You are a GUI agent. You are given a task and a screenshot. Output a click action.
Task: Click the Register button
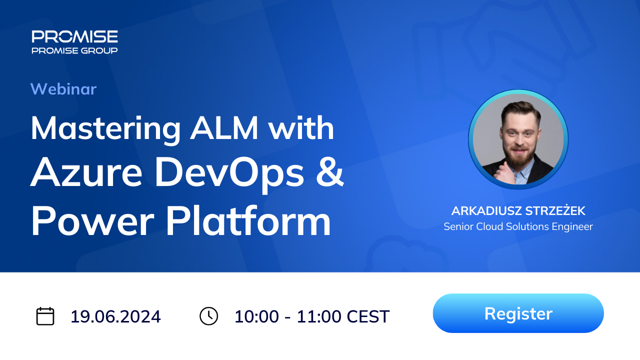pos(518,313)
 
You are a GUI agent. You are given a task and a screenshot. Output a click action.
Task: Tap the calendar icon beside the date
pos(45,316)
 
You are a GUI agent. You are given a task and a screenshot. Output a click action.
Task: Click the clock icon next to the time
pos(208,316)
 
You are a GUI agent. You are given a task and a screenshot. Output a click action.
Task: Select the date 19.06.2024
pos(115,316)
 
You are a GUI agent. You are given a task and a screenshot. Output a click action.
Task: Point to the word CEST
pos(368,316)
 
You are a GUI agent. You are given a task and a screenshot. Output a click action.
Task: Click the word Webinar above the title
pos(63,89)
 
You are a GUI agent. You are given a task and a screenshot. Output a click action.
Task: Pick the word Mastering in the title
pos(105,129)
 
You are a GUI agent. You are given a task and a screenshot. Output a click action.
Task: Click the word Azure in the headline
pos(86,172)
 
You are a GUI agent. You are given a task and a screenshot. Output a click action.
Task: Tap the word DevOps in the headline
pos(229,175)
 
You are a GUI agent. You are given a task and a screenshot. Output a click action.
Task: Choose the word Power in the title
pos(92,221)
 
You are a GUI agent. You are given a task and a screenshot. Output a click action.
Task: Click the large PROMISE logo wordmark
pos(74,36)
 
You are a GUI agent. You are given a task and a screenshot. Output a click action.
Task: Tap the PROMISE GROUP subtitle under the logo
pos(74,50)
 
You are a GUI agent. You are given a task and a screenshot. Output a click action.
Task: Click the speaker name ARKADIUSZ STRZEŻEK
pos(518,210)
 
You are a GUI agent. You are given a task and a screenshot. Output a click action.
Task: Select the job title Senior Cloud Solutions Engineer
pos(518,226)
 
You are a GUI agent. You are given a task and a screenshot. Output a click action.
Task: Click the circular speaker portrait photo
pos(518,139)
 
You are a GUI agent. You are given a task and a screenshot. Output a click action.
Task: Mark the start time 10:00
pos(256,316)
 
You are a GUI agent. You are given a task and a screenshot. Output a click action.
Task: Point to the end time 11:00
pos(319,316)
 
